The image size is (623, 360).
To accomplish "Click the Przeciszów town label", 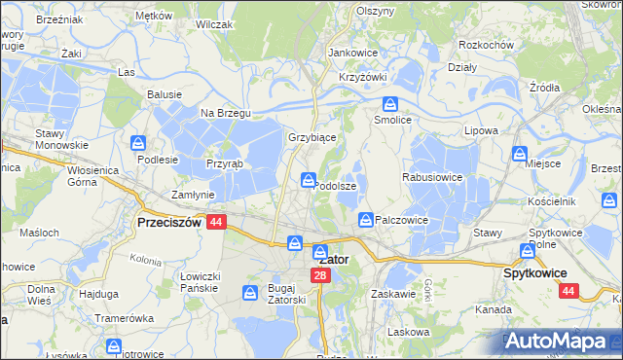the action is [168, 222].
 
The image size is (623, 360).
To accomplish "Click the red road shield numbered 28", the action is [321, 276].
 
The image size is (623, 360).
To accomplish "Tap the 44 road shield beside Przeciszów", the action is [216, 222].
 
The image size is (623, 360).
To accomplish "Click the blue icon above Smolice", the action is [390, 104].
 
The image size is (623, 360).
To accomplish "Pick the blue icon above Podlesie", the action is [138, 143].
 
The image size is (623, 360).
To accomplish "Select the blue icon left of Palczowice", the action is [365, 220].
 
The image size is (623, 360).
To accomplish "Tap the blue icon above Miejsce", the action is [521, 153].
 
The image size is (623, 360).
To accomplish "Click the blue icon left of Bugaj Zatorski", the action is [250, 291].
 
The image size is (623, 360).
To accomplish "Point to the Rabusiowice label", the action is [431, 178].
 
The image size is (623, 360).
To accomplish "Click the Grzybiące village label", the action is [312, 137].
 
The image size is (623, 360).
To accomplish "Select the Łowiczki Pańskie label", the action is [202, 281].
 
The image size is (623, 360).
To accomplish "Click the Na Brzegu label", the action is [226, 113].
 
